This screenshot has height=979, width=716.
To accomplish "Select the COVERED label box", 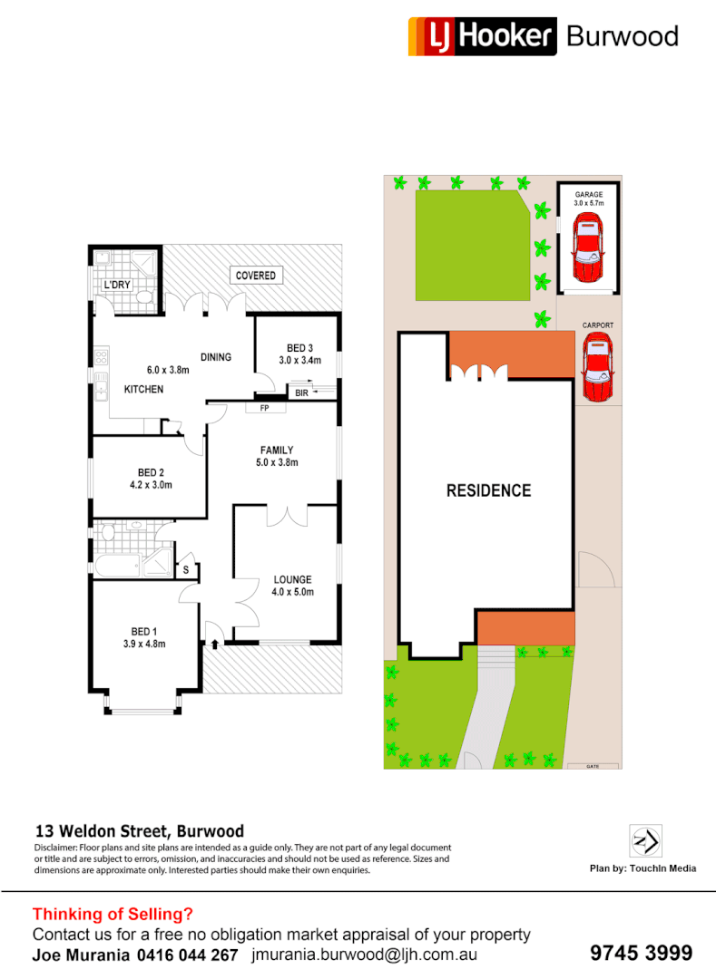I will pyautogui.click(x=255, y=275).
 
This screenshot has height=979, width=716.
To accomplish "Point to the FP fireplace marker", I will pyautogui.click(x=265, y=408).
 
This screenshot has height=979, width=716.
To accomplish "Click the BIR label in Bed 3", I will pyautogui.click(x=301, y=393).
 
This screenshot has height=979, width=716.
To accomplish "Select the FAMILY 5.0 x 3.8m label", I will pyautogui.click(x=277, y=456).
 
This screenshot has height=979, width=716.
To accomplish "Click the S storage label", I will pyautogui.click(x=186, y=569).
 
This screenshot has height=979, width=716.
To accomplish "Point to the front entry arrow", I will pyautogui.click(x=215, y=645).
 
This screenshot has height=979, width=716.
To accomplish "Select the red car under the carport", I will pyautogui.click(x=597, y=367).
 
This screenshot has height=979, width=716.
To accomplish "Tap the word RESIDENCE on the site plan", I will pyautogui.click(x=488, y=490).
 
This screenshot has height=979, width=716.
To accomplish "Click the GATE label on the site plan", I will pyautogui.click(x=593, y=766).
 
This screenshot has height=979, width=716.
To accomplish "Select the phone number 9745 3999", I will pyautogui.click(x=641, y=953).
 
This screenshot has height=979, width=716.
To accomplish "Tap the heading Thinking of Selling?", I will pyautogui.click(x=113, y=914).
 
